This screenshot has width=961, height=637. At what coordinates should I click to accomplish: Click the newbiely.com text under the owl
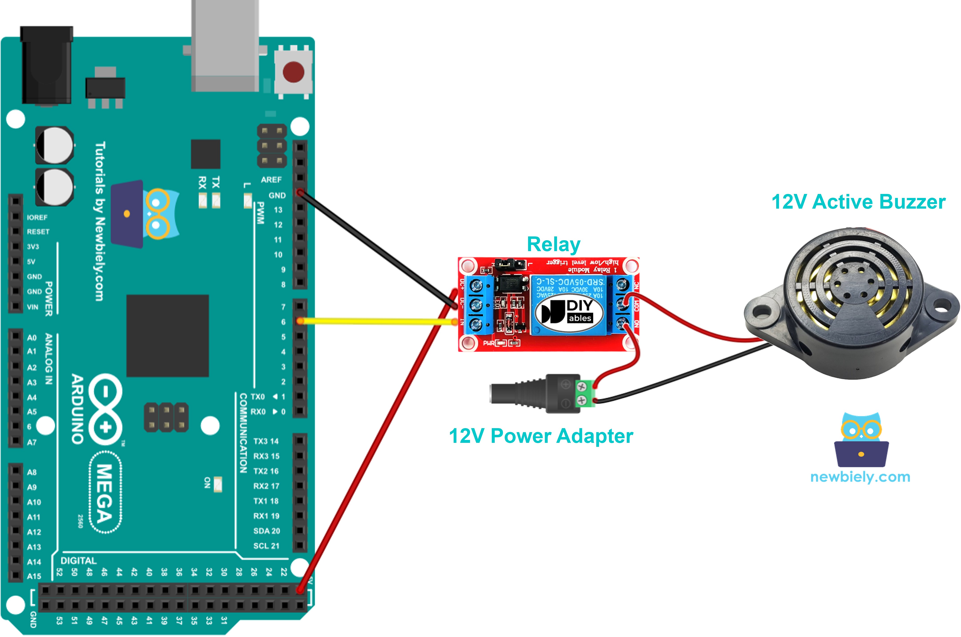tap(860, 477)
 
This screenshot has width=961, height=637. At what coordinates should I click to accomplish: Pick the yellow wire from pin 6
tap(378, 321)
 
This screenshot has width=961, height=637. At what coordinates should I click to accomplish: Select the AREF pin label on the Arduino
tap(271, 179)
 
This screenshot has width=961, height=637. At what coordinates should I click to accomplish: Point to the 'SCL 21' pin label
tap(266, 546)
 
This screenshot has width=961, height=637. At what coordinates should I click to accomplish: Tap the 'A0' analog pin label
tap(32, 338)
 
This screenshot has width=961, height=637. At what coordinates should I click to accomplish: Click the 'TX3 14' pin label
tap(266, 441)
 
